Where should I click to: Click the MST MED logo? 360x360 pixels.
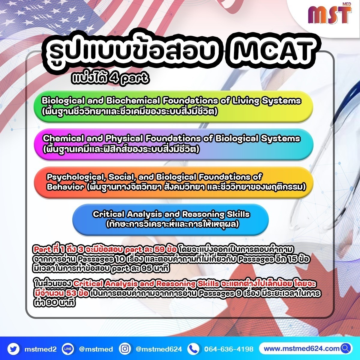coord(330,16)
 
